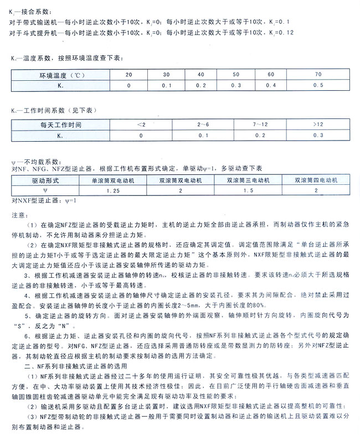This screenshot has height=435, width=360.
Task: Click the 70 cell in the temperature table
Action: click(317, 74)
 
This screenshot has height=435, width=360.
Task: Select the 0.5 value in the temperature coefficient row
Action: click(317, 85)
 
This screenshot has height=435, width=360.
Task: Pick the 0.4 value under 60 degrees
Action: click(271, 85)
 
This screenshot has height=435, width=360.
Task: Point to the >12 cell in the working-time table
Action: click(317, 125)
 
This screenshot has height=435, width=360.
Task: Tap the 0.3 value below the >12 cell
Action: click(317, 135)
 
